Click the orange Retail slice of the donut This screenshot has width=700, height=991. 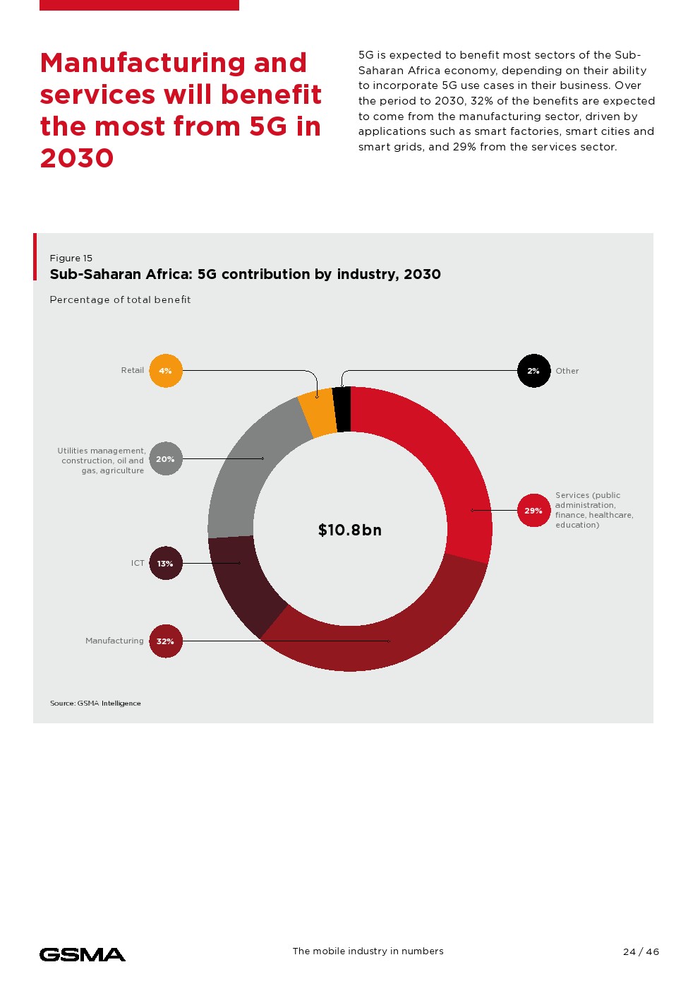tap(318, 414)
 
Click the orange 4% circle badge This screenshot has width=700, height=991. tap(166, 371)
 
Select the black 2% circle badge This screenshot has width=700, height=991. tap(533, 371)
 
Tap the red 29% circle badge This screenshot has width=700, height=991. tap(533, 511)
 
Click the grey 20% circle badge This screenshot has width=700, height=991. tap(166, 459)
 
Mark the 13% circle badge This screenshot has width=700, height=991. tap(166, 564)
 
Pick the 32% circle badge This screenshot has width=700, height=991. tap(166, 641)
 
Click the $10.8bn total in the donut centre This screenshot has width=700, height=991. tap(350, 530)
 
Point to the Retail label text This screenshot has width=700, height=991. tap(133, 370)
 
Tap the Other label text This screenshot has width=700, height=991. tap(567, 371)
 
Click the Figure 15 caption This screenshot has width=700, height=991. tap(71, 259)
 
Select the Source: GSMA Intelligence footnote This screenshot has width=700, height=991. tap(95, 704)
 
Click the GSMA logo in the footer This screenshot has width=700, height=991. tap(83, 955)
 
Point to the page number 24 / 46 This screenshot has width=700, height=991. tap(641, 952)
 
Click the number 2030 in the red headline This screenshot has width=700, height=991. tap(77, 158)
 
